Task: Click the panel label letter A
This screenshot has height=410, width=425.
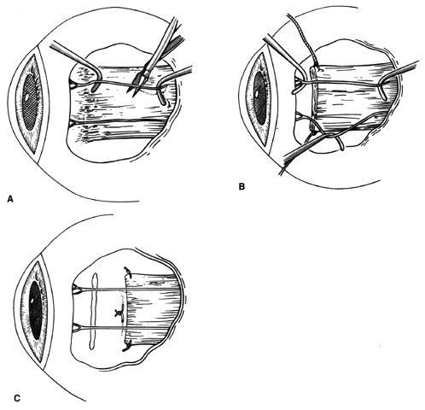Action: (10, 199)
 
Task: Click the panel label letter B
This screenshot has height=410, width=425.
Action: (242, 187)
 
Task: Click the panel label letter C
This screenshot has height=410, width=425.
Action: (17, 398)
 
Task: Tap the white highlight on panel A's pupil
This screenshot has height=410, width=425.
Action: (26, 97)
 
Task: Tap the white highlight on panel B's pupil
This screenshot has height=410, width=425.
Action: (257, 93)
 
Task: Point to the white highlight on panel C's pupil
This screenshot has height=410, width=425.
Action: (32, 302)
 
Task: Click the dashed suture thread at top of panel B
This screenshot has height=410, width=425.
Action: (302, 36)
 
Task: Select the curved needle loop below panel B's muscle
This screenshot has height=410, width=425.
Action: (340, 143)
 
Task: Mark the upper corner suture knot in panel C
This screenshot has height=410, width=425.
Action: (127, 272)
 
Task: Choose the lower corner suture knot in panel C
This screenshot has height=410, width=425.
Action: (126, 347)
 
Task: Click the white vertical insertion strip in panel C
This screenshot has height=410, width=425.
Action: (94, 311)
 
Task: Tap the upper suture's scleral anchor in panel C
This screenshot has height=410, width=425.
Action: (78, 290)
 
